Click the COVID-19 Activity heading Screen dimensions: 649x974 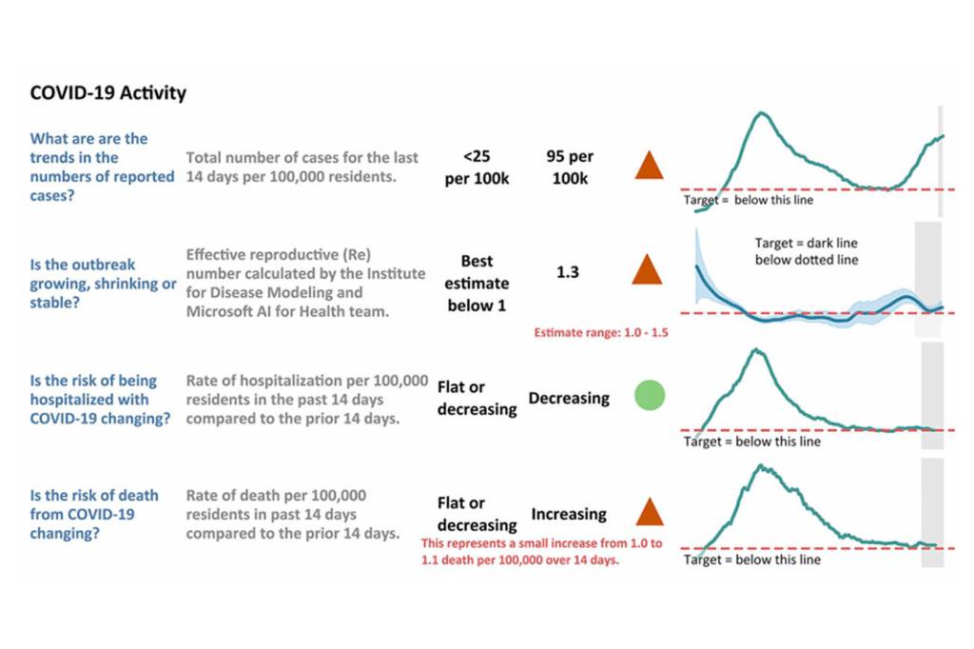tap(108, 93)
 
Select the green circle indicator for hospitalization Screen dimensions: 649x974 tap(650, 395)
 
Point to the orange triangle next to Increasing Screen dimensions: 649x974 tap(650, 513)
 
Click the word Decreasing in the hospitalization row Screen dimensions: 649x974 tap(569, 398)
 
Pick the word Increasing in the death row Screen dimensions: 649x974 tap(569, 514)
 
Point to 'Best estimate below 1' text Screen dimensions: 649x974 tap(485, 283)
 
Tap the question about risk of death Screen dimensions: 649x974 tap(95, 514)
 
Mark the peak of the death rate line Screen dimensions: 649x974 tap(760, 465)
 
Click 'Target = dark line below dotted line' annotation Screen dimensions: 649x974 tap(807, 251)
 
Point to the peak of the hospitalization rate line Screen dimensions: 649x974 tap(758, 349)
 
